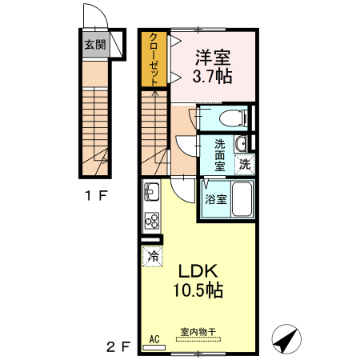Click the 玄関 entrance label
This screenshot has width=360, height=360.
95,45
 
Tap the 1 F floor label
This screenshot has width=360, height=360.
96,194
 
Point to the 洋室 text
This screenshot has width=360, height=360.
213,58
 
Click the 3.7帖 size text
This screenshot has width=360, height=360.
213,78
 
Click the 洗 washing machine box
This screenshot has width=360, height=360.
246,163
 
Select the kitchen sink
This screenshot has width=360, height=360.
152,194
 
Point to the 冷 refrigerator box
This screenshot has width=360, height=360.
152,256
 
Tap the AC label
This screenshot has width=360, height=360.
154,339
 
